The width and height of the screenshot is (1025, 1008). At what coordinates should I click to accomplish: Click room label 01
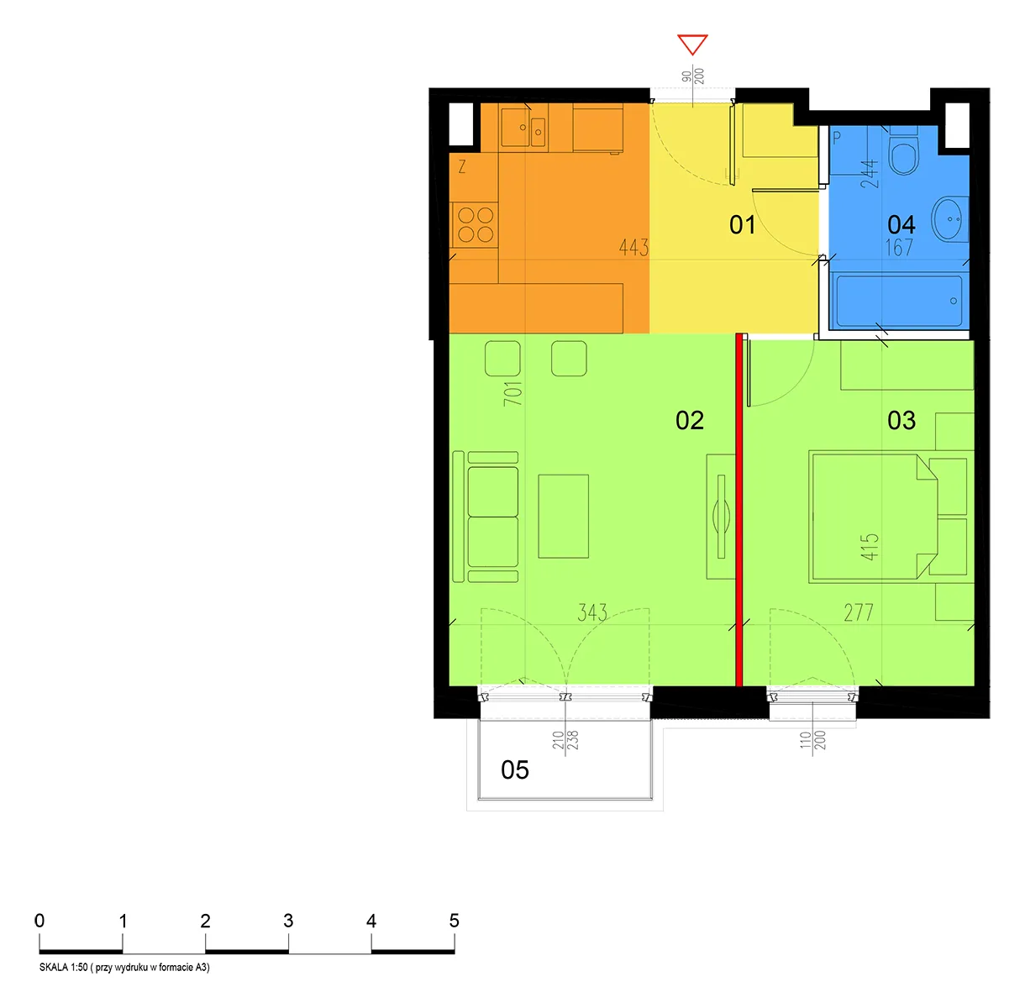click(742, 225)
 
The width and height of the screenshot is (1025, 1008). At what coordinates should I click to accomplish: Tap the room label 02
click(690, 420)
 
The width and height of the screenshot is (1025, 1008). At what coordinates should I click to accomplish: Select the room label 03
click(901, 420)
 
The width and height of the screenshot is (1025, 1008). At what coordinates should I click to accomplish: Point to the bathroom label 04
click(901, 225)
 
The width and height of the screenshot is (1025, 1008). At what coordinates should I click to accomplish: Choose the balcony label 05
click(514, 769)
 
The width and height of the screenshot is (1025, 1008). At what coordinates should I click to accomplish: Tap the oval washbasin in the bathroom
click(949, 218)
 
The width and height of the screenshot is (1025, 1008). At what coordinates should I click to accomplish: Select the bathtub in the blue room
click(899, 301)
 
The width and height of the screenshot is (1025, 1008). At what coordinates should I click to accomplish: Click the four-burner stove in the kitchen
click(475, 225)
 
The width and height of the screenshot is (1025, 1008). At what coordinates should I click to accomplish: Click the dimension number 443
click(633, 247)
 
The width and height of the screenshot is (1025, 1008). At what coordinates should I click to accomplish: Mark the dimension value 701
click(512, 394)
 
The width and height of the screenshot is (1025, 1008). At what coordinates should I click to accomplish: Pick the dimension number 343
click(592, 612)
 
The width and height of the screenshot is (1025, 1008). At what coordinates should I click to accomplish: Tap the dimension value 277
click(858, 612)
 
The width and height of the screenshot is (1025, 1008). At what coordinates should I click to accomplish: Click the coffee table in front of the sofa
click(563, 517)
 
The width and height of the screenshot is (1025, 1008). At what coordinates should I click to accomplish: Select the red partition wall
click(739, 510)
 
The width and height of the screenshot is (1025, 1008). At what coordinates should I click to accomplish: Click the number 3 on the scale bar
click(288, 921)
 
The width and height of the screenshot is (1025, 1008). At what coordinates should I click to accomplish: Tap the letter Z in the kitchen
click(462, 167)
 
